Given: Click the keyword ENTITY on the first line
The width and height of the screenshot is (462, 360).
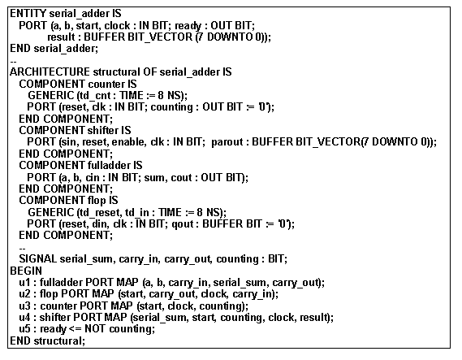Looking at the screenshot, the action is tap(28, 14).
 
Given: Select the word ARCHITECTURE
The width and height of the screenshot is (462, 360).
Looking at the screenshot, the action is tap(50, 72).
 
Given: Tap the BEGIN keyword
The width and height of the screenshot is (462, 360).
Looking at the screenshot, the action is tap(26, 271).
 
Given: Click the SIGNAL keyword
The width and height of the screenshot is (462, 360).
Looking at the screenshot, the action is tap(37, 259).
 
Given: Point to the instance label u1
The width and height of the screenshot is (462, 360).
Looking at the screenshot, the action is tap(24, 283).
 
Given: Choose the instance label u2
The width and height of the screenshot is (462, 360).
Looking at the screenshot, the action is tap(24, 294).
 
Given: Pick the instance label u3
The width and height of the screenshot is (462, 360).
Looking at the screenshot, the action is tap(24, 306).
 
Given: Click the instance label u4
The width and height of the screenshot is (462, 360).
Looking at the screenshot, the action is tap(24, 318).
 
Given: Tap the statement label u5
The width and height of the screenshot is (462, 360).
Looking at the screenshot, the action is tap(24, 329).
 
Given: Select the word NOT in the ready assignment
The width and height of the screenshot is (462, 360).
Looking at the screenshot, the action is tap(94, 329).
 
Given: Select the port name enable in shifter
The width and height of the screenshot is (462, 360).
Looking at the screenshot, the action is tap(129, 142).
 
